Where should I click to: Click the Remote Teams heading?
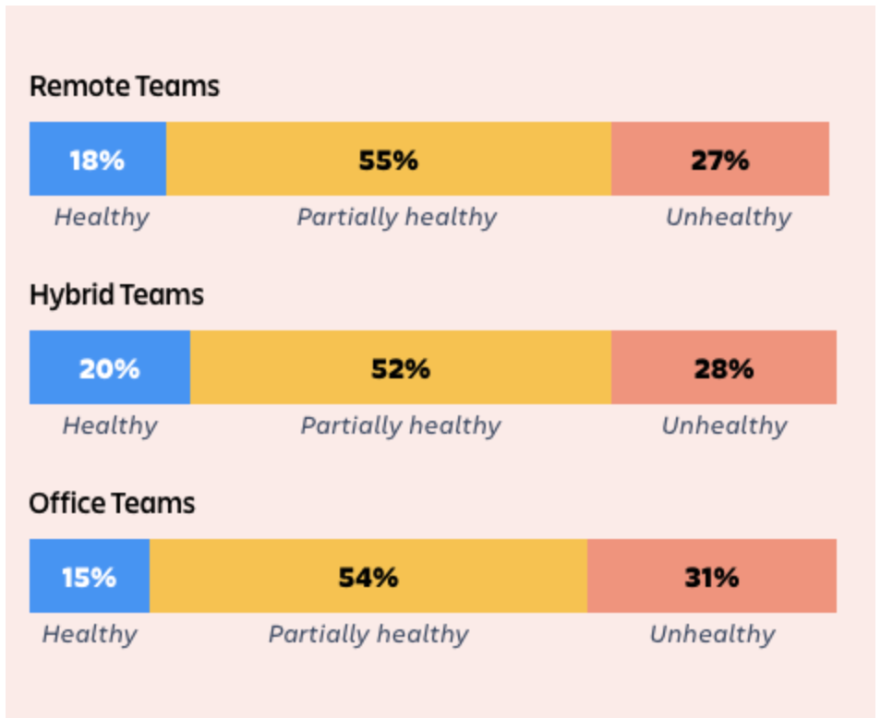click(124, 87)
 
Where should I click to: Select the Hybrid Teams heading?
click(116, 295)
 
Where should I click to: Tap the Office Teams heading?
click(112, 503)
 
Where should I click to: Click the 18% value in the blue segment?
click(97, 161)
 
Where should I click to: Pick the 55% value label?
click(388, 161)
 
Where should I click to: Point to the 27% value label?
click(719, 161)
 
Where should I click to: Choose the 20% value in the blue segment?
click(109, 369)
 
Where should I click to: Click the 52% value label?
click(401, 369)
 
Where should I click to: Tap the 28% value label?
click(724, 369)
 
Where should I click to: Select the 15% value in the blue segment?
click(89, 578)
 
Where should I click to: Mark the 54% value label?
click(368, 578)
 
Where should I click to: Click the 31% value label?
click(712, 578)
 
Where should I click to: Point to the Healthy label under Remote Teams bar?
click(102, 218)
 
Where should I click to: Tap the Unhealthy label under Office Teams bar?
click(712, 635)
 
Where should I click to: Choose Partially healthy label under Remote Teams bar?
click(397, 218)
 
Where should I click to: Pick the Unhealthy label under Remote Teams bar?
click(729, 217)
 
